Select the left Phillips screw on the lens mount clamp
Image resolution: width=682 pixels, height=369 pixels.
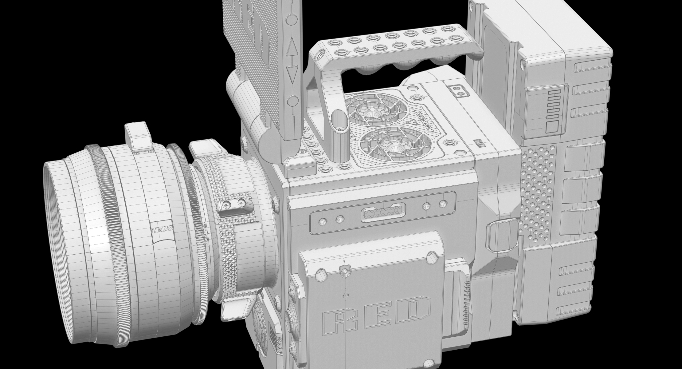(226, 204)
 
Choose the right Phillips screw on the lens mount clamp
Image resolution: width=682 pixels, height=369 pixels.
(243, 202)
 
